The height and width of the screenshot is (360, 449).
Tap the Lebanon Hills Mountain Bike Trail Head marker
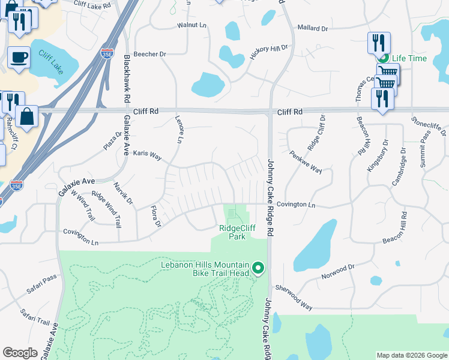258,268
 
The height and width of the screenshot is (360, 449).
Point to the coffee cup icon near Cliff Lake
19,58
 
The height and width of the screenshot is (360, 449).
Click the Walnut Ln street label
191,26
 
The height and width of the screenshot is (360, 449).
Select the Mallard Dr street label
313,28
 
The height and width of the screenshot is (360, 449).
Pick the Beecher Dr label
150,54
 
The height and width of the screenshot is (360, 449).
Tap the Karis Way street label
147,155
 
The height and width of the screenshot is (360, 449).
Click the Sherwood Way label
296,298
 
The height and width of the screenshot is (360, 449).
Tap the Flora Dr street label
156,217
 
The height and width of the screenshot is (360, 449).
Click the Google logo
20,353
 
